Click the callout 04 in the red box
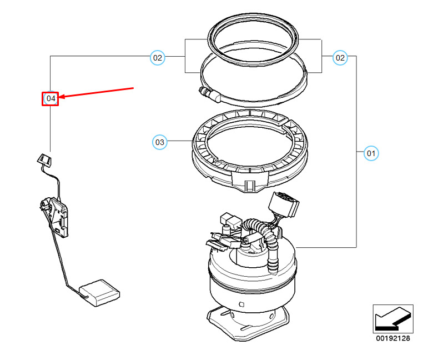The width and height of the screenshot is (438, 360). [51, 98]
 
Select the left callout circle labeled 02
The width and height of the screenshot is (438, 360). [158, 57]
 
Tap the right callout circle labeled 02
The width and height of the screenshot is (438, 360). [340, 57]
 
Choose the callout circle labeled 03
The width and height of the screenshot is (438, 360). [159, 143]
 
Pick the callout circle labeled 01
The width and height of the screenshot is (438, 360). [371, 152]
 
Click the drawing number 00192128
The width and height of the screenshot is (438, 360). [393, 338]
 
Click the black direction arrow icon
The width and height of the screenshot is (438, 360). [392, 319]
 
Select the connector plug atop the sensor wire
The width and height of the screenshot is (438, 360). [45, 160]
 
